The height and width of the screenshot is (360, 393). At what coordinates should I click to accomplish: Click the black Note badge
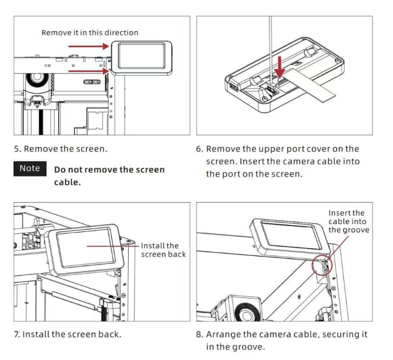(x=30, y=168)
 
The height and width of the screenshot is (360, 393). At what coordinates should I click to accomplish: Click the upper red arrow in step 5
(x=89, y=46)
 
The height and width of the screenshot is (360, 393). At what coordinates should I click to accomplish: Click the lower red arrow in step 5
(x=89, y=71)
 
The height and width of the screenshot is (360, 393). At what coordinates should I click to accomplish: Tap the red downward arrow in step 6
(x=280, y=67)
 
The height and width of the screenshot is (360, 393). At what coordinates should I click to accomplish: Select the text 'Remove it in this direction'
(x=90, y=33)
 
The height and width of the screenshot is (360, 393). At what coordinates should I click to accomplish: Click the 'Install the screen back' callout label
(x=163, y=250)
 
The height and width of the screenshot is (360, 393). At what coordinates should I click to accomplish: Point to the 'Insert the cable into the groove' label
(x=349, y=221)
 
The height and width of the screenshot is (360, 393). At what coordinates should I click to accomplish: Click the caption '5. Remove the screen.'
(x=61, y=149)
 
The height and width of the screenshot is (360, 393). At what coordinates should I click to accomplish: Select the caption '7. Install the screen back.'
(x=68, y=334)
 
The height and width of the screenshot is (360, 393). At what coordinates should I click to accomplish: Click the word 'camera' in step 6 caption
(x=297, y=161)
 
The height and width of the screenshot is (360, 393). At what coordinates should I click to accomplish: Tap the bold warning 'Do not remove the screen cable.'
(x=109, y=176)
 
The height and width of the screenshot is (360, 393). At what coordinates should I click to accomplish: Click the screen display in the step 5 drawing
(x=142, y=56)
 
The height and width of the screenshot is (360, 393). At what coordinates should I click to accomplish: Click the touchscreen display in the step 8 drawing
(x=292, y=235)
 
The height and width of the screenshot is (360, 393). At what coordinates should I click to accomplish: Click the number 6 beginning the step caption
(x=199, y=149)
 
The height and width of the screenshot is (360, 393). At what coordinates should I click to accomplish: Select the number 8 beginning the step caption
(x=199, y=335)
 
